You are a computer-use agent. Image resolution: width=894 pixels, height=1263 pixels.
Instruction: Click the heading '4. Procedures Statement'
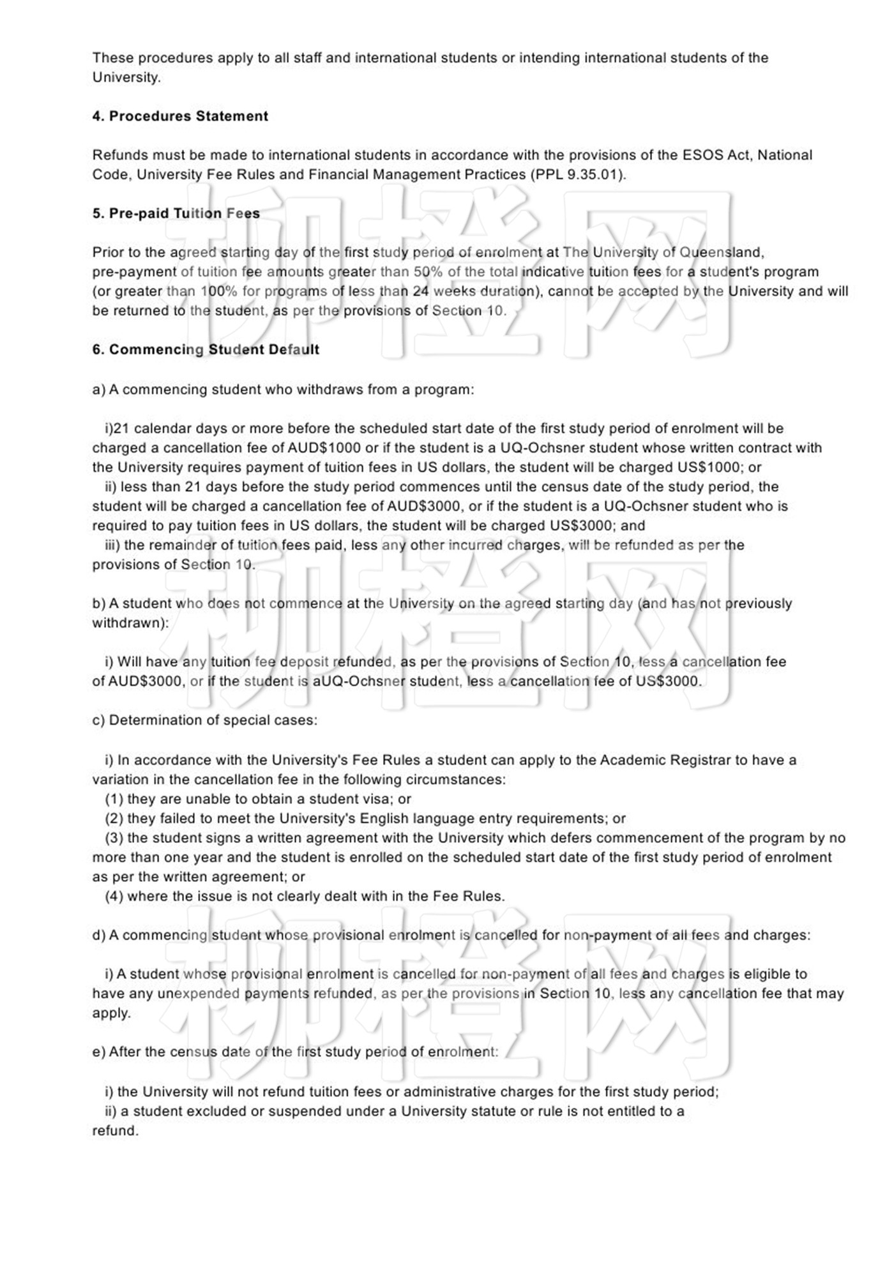[x=180, y=116]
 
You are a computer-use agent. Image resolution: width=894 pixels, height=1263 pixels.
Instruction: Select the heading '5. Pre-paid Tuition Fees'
[x=176, y=213]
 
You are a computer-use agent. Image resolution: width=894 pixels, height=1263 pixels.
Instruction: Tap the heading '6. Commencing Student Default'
[x=206, y=349]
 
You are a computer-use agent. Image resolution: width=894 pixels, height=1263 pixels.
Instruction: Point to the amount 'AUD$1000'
[x=324, y=448]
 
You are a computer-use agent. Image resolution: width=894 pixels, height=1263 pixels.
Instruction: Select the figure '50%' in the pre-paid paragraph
[x=428, y=271]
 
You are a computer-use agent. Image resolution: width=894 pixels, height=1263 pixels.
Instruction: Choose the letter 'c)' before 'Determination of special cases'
[x=98, y=720]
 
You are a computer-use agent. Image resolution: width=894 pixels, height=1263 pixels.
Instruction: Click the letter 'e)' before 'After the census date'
[x=98, y=1052]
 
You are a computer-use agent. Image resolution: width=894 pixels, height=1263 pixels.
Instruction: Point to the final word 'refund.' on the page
[x=115, y=1131]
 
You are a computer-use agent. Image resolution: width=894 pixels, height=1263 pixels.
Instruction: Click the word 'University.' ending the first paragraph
[x=126, y=77]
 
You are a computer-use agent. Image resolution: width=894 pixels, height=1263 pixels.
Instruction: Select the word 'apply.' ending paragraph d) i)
[x=111, y=1013]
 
